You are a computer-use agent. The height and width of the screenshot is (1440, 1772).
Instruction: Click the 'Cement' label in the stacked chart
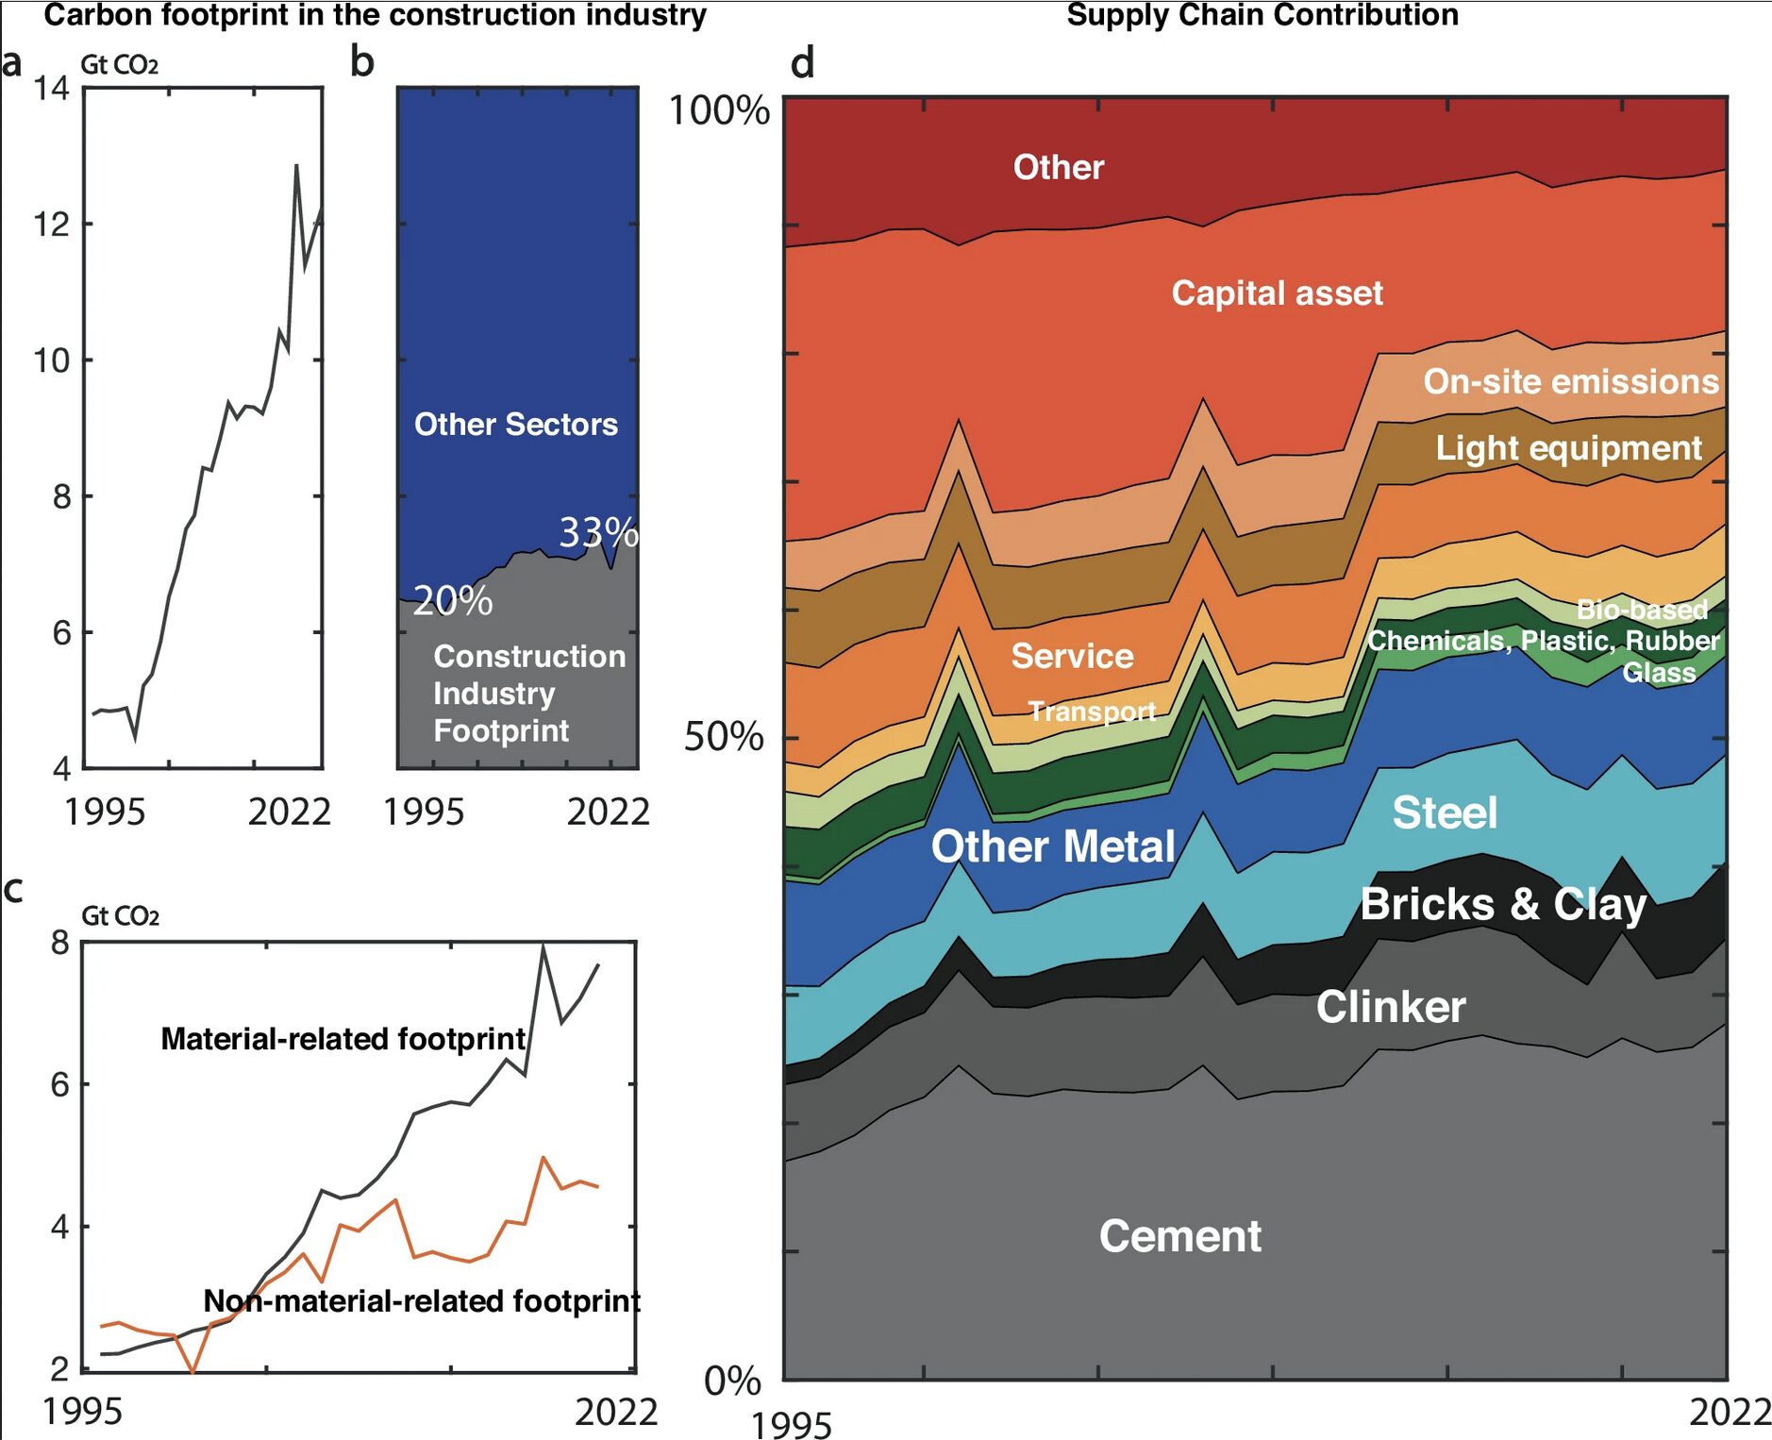pos(1179,1236)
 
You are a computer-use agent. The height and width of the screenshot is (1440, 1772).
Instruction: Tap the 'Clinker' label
pos(1391,1007)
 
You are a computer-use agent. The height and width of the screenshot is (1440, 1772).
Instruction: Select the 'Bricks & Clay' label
pos(1503,904)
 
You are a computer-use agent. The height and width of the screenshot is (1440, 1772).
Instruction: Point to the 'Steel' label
pos(1445,812)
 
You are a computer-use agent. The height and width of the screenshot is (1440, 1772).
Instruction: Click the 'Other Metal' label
pos(1053,846)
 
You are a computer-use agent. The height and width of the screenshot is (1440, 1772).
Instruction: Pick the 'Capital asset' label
pos(1277,293)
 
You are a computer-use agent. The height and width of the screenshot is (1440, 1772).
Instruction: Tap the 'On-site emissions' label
pos(1571,381)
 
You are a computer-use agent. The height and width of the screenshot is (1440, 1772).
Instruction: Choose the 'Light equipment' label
pos(1568,448)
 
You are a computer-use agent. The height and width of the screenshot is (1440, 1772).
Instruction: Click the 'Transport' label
pos(1092,712)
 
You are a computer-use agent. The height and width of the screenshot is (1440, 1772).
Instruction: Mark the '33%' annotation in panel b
pos(598,533)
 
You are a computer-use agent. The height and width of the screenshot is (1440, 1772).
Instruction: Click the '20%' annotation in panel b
pos(453,601)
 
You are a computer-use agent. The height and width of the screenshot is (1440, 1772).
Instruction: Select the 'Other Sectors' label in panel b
pos(516,425)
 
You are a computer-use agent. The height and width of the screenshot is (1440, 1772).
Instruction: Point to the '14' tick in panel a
pos(52,89)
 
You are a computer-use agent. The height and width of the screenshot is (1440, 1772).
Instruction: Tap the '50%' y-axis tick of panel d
pos(724,737)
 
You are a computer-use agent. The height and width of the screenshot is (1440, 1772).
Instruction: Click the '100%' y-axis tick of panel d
pos(719,110)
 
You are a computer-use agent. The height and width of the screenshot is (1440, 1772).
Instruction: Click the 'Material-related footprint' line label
pos(343,1039)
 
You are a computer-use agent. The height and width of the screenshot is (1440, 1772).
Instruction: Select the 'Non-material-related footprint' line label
pos(422,1301)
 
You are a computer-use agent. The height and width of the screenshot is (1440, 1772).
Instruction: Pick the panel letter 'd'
pos(802,63)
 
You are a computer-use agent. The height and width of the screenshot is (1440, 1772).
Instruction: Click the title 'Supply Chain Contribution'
pos(1262,15)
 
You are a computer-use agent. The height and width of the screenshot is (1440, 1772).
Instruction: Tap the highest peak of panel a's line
pos(296,166)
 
